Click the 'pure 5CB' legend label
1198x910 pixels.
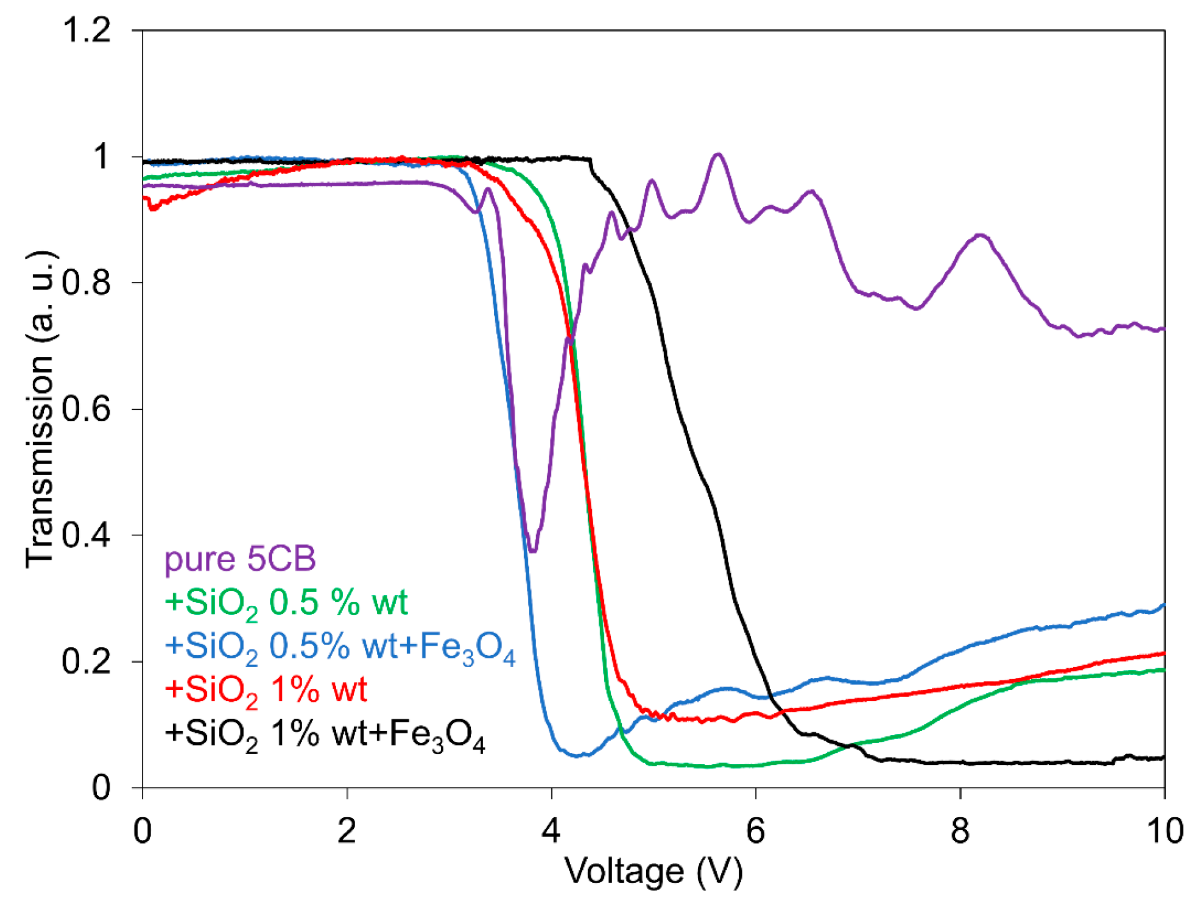click(240, 558)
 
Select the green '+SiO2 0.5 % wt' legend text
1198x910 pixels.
click(286, 603)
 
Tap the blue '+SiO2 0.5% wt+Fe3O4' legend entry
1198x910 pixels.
click(340, 647)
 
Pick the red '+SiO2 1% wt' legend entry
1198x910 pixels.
click(266, 690)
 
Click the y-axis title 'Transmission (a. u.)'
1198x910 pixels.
click(40, 408)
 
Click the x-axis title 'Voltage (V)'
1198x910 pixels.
click(654, 872)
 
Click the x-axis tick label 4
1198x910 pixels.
click(551, 831)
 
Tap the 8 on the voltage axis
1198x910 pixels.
click(960, 831)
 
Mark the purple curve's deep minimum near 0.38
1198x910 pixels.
click(533, 551)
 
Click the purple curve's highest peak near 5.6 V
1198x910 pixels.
click(718, 154)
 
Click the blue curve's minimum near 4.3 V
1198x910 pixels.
click(577, 756)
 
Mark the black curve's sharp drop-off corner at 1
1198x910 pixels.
click(590, 160)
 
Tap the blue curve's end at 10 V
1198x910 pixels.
click(1163, 605)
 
